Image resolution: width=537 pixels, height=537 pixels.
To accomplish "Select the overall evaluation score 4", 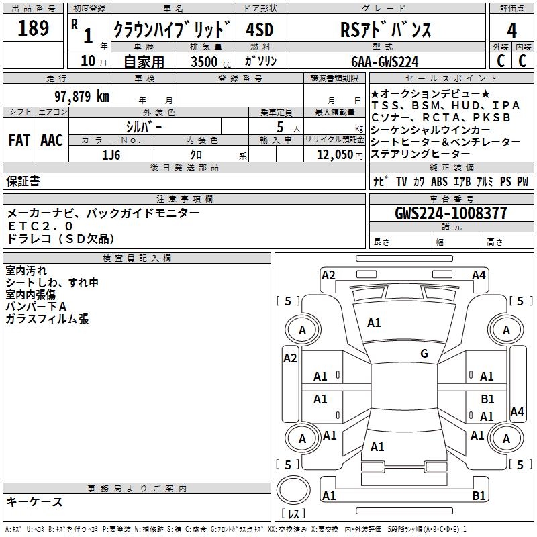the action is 511,30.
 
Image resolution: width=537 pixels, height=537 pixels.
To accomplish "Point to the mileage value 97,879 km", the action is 81,96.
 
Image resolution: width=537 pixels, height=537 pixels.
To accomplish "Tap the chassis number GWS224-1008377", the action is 450,213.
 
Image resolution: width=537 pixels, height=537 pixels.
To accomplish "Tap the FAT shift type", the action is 19,140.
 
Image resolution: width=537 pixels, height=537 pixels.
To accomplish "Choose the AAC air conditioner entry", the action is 52,140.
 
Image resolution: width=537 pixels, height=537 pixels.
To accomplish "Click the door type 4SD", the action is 259,30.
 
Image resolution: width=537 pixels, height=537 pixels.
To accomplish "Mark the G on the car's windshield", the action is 424,354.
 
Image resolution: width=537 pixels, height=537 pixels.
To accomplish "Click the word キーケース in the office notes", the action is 34,501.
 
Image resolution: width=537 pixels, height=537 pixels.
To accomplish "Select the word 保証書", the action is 23,181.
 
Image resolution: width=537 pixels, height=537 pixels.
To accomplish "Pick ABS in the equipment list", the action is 439,181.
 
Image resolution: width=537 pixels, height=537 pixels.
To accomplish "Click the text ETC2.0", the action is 40,226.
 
